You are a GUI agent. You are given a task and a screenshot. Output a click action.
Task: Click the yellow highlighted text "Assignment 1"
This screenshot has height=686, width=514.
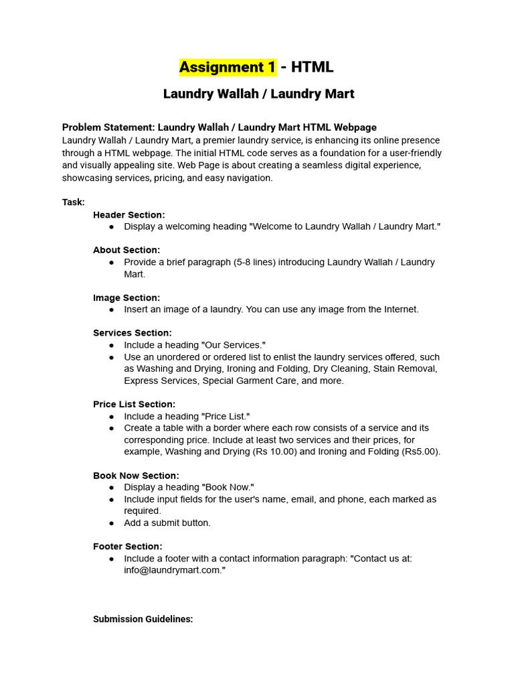pos(228,67)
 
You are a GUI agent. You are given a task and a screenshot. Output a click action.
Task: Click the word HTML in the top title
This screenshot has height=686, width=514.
pos(312,67)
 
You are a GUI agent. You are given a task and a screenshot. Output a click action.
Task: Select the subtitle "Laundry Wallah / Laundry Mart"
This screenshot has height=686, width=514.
pos(258,94)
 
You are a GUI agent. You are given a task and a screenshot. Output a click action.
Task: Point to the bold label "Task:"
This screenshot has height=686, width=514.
pos(74,202)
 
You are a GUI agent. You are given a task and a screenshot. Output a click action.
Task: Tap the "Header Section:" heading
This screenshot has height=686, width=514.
pos(128,215)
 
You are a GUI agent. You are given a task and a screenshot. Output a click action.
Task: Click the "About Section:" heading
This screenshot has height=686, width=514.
pos(126,250)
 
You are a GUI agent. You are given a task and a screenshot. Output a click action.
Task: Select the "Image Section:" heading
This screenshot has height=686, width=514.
pos(126,297)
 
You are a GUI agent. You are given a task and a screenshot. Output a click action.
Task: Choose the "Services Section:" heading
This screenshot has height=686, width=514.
pos(133,333)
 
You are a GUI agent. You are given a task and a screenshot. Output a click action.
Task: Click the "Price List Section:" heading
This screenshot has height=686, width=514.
pos(134,404)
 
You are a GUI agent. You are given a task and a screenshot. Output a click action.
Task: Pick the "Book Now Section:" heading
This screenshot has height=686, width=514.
pos(136,476)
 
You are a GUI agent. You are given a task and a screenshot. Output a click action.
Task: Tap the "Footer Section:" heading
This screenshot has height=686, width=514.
pos(127,547)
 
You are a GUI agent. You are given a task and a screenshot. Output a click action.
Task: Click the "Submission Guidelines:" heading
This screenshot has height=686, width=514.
pos(143,620)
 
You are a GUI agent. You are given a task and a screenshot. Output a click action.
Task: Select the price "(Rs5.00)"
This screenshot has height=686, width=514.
pos(421,452)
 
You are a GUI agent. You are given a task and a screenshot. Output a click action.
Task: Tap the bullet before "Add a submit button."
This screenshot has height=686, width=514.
pos(111,523)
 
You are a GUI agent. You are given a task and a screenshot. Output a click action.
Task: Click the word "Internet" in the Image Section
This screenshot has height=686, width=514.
pos(400,310)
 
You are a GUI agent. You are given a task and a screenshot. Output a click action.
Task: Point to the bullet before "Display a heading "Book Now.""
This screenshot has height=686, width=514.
pos(111,488)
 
